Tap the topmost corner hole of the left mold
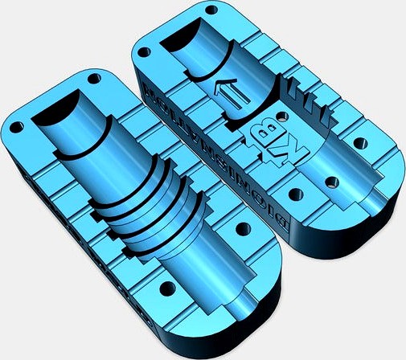click(95, 80)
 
